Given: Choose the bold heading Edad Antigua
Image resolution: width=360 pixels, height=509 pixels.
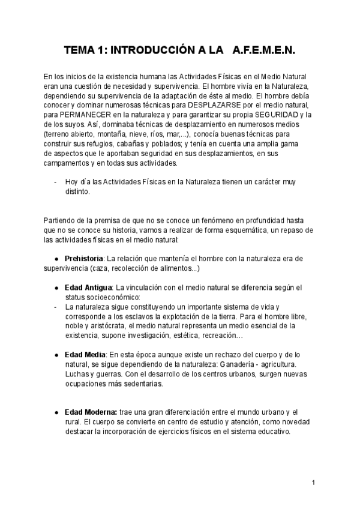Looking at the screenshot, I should click(x=89, y=288).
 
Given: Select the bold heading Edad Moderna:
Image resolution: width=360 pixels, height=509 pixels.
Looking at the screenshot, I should click(x=91, y=412).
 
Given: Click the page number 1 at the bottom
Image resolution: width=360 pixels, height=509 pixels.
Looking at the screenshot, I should click(x=313, y=483).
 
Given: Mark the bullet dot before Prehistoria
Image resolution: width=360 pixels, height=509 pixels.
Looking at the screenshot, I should click(x=56, y=259).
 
